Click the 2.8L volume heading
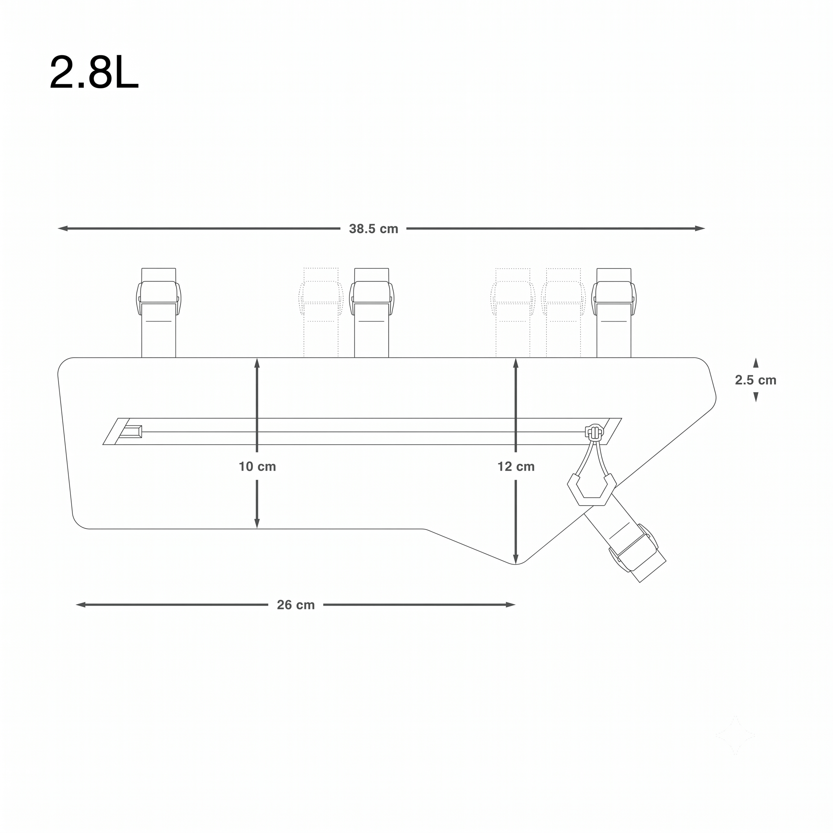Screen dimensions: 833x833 click(x=94, y=72)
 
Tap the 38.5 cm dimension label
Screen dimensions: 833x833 click(x=373, y=229)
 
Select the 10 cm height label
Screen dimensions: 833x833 click(x=257, y=467)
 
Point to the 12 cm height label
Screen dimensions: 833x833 click(x=516, y=467)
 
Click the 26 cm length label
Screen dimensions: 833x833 click(x=296, y=605)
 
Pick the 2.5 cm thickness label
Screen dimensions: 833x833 click(x=756, y=380)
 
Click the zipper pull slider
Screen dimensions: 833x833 click(x=594, y=432)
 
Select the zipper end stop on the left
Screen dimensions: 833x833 click(x=130, y=432)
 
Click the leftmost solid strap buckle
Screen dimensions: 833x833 click(x=159, y=298)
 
